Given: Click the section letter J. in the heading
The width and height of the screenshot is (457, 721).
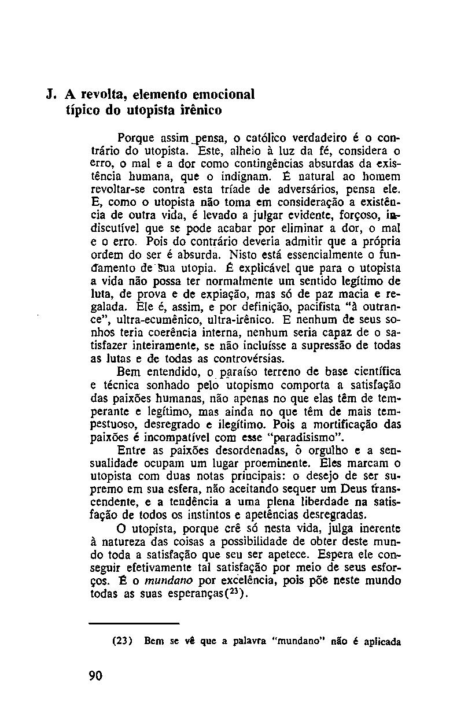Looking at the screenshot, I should [53, 94].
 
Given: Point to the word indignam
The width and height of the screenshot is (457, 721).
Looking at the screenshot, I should [244, 176].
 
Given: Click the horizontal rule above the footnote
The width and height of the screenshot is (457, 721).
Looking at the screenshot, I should [134, 623].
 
